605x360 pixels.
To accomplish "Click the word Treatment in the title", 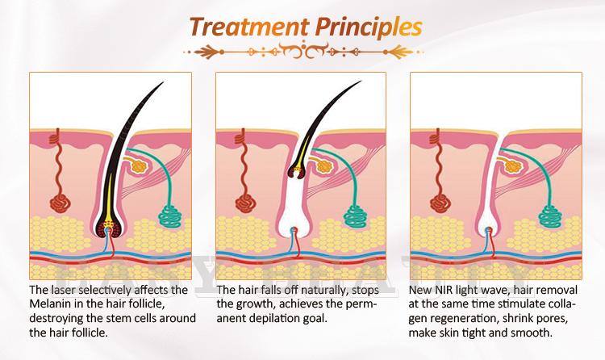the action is point(249,27).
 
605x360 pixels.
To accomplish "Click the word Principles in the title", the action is point(369,27).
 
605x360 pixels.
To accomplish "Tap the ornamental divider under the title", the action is point(303,51).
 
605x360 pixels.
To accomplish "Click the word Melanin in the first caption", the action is point(52,303).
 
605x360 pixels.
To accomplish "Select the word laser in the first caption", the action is point(65,290).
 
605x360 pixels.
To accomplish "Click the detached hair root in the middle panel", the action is point(298,171).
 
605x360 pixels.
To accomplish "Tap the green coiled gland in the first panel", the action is point(170,216).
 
